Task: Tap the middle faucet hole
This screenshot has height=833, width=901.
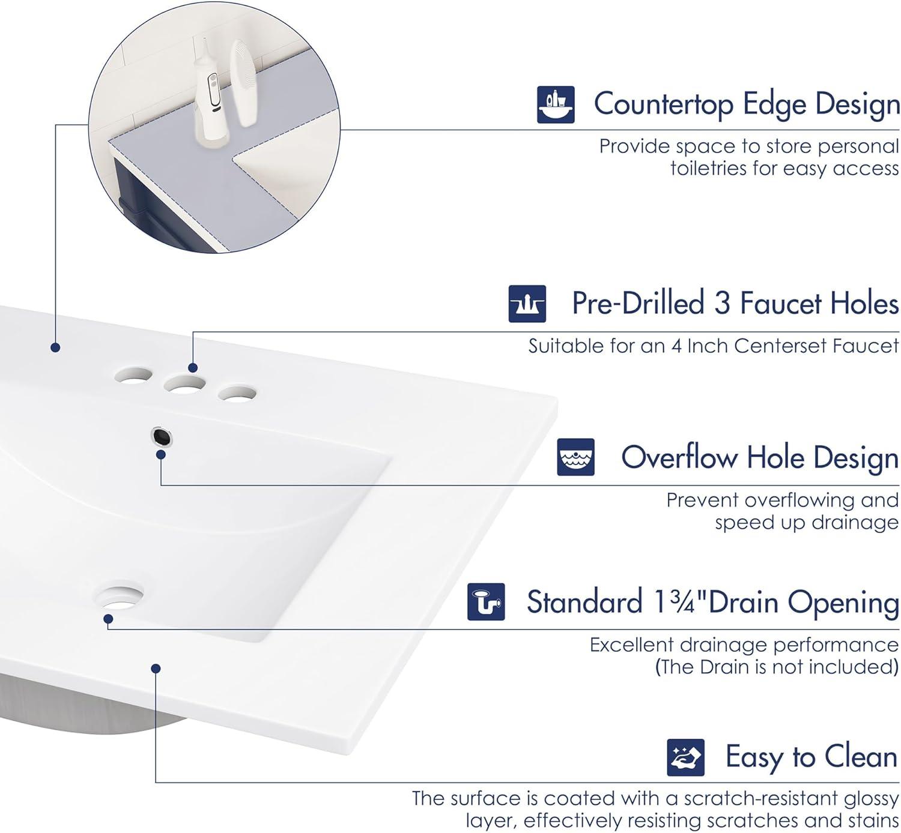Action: (x=186, y=384)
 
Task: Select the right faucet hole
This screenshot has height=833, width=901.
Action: (x=237, y=394)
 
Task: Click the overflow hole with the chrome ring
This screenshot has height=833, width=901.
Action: (x=162, y=436)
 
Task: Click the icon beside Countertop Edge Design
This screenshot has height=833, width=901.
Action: (x=556, y=105)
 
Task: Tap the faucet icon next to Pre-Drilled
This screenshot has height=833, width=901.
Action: (x=527, y=304)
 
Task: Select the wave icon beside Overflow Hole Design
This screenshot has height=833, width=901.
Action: (x=575, y=457)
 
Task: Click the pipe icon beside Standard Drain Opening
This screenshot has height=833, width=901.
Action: (x=486, y=602)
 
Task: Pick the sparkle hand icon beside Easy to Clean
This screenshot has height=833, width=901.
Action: (x=685, y=757)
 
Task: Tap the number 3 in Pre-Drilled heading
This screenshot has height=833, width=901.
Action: (x=721, y=303)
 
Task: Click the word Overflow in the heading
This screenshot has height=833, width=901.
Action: (x=679, y=457)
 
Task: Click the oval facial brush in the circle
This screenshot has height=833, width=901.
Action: (x=243, y=84)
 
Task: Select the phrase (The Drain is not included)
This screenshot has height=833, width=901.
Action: (x=777, y=667)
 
